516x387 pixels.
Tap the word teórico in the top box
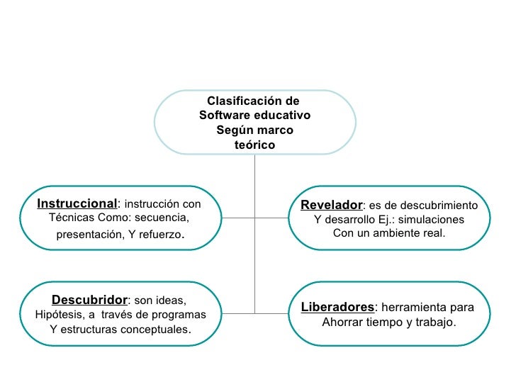tap(254, 145)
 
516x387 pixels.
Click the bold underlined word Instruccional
tap(77, 203)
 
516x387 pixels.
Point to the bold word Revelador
tap(331, 205)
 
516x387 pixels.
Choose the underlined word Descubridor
tap(89, 300)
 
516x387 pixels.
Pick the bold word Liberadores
tap(337, 308)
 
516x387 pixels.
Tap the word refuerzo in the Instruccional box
tap(160, 234)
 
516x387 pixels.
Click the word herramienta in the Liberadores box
tap(413, 308)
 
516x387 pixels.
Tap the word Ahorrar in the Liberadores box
tap(343, 322)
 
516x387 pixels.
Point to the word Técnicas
tap(69, 217)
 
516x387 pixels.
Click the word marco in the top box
tap(274, 130)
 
